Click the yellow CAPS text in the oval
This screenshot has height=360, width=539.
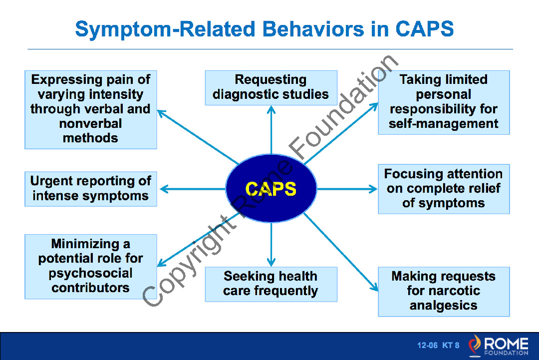coord(271,189)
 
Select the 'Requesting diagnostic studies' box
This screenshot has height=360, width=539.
coord(271,88)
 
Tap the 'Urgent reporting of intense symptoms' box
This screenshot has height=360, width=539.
coord(91,189)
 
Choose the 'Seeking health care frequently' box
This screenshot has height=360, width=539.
coord(271,285)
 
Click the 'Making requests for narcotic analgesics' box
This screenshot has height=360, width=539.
coord(444,292)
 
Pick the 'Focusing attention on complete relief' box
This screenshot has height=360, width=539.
coord(444,189)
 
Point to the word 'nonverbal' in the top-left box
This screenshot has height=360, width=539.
coord(90,123)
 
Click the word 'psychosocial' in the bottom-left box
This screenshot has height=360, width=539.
coord(90,273)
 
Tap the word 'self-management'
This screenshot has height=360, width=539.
coord(444,123)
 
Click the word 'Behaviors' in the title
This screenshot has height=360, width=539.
coord(313,29)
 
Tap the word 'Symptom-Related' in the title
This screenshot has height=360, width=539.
coord(165,29)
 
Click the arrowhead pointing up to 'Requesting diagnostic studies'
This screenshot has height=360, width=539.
coord(271,110)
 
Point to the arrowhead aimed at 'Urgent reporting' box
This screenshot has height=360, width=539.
coord(164,189)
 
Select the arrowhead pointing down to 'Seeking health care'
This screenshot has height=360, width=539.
coord(271,262)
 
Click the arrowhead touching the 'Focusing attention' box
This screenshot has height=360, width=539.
coord(373,189)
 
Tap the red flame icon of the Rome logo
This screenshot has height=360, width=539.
coord(475,345)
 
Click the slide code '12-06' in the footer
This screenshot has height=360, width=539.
coord(427,345)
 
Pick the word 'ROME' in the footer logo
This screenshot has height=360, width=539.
coord(507,343)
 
